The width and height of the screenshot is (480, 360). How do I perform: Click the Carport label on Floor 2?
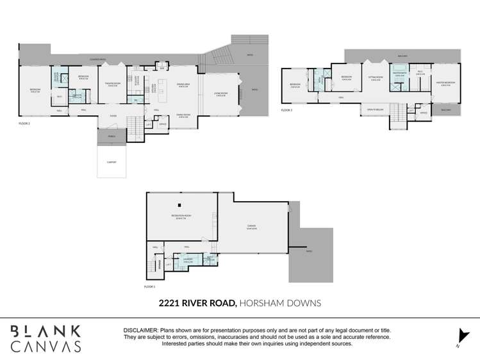[111, 162]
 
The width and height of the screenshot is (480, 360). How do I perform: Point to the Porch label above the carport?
[112, 136]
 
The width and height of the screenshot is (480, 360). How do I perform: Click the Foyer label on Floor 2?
[113, 116]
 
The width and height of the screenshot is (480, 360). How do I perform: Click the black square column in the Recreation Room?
[180, 205]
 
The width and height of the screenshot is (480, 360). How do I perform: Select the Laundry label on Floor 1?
[188, 259]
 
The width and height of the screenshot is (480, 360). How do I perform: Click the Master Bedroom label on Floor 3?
[445, 83]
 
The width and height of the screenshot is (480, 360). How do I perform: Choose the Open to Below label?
[375, 110]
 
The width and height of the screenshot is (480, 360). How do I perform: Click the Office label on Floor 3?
[423, 113]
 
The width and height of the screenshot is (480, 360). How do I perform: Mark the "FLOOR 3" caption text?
[286, 110]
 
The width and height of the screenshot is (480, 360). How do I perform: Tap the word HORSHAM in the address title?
[261, 302]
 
